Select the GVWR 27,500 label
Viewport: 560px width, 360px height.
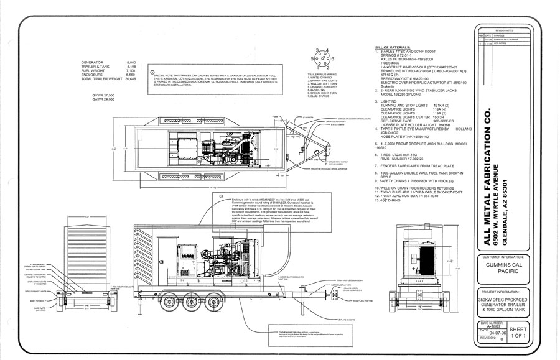point(104,95)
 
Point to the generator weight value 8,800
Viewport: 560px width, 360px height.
point(131,63)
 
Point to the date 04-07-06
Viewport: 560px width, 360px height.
point(494,334)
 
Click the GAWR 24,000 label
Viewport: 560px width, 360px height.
point(104,99)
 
